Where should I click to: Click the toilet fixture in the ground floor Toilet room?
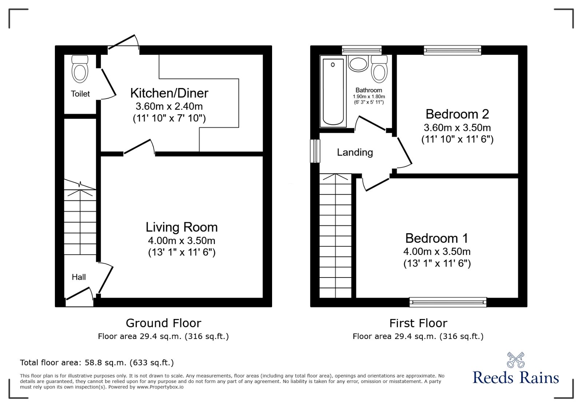(x=80, y=69)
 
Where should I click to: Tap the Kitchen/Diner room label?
(x=169, y=93)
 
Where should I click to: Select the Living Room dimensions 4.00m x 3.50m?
(x=182, y=241)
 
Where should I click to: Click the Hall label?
(x=79, y=277)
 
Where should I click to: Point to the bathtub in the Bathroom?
(x=333, y=91)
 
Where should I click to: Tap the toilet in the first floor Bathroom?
(x=379, y=69)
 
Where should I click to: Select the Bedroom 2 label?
(x=457, y=114)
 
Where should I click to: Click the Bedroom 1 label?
(x=437, y=238)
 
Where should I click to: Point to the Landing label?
(x=355, y=152)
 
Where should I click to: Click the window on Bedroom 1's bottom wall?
(x=448, y=302)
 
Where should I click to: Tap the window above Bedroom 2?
(x=453, y=50)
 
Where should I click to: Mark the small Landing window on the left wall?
(x=315, y=151)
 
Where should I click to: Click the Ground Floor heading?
(x=163, y=323)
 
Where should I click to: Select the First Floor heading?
(x=418, y=323)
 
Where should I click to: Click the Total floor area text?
(x=97, y=362)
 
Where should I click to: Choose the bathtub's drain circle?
(x=333, y=65)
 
